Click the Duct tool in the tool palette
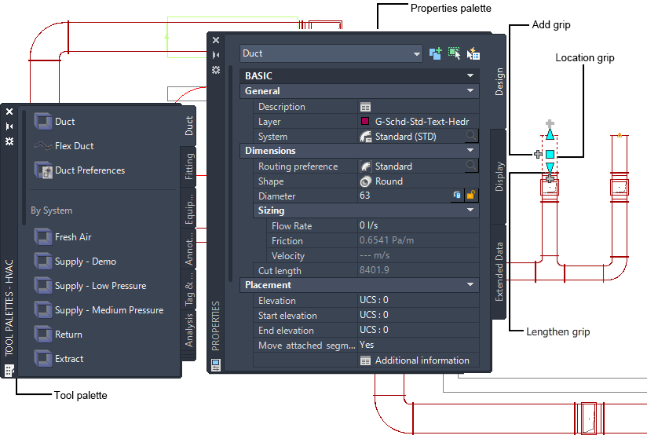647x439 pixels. click(x=64, y=122)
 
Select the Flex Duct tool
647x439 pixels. click(x=74, y=146)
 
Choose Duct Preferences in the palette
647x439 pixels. click(x=90, y=170)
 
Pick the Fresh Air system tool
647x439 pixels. click(x=73, y=237)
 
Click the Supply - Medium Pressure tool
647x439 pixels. click(x=109, y=310)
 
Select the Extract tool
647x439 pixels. click(x=69, y=359)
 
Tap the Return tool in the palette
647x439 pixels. click(x=68, y=335)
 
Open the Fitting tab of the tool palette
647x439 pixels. click(x=189, y=167)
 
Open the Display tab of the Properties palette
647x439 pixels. click(x=499, y=177)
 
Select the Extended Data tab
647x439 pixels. click(x=499, y=272)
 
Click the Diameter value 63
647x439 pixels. click(x=365, y=196)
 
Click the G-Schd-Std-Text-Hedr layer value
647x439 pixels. click(x=422, y=122)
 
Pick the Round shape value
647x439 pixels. click(x=389, y=181)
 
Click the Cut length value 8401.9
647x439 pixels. click(x=375, y=271)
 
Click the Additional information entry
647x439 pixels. click(x=422, y=360)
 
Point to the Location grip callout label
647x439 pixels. click(x=585, y=58)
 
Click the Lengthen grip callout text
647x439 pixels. click(x=557, y=331)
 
